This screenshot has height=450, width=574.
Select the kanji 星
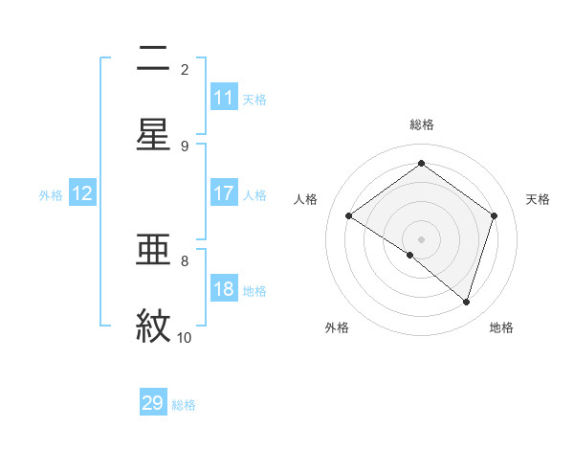point(153,134)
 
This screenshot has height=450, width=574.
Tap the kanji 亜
point(153,251)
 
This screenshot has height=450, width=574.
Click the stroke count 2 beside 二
point(185,69)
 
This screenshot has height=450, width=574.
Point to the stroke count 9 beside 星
point(185,146)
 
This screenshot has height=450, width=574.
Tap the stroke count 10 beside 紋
point(185,337)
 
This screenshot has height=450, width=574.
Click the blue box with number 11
point(224,98)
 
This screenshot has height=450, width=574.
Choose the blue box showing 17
point(224,193)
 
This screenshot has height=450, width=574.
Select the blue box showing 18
point(224,290)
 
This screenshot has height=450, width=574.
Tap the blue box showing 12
point(82,193)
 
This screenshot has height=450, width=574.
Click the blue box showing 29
point(153,403)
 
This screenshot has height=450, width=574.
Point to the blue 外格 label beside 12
point(51,194)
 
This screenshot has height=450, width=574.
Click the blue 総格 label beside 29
point(184,404)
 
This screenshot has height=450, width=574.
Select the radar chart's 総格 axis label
point(421,124)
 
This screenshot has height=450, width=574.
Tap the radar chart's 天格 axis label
point(538,199)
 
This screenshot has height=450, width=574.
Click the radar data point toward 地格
point(466,302)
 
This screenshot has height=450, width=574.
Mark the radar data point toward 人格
point(348,216)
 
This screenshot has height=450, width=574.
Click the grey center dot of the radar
point(421,238)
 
